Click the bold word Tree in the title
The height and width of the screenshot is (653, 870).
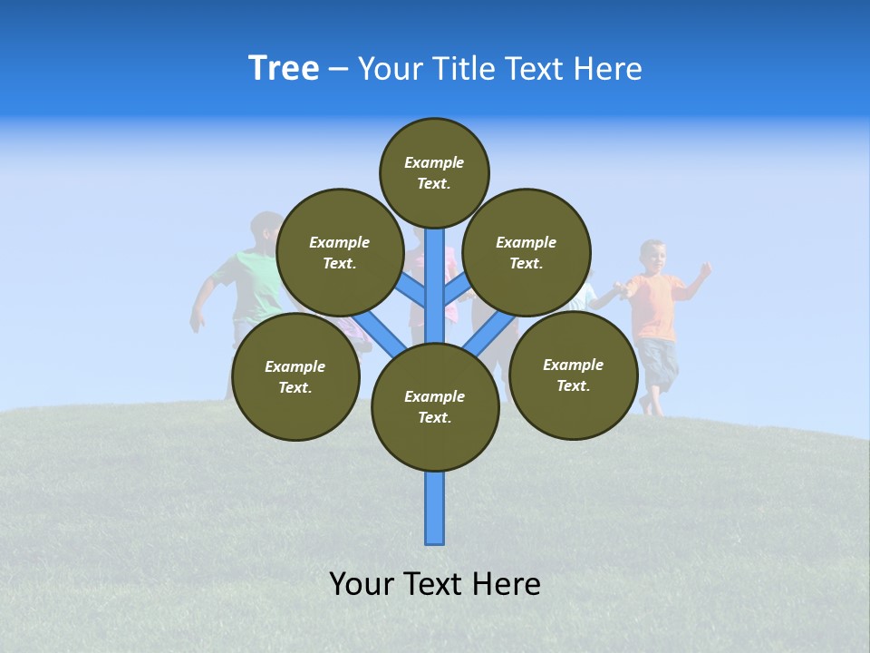[284, 69]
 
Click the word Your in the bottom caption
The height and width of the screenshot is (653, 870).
[362, 584]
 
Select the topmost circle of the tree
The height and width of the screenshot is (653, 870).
[434, 172]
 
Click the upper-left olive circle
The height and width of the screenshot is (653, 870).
[339, 252]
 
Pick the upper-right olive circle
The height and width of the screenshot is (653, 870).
[527, 252]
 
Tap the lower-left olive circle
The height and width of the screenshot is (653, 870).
[295, 376]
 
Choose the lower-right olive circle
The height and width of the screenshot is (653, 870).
[573, 375]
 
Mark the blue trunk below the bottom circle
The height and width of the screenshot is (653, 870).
[435, 508]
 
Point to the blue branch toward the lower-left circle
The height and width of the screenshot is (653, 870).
[379, 333]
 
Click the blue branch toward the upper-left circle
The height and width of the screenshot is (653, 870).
[413, 290]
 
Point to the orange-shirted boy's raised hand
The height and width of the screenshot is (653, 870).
[704, 268]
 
